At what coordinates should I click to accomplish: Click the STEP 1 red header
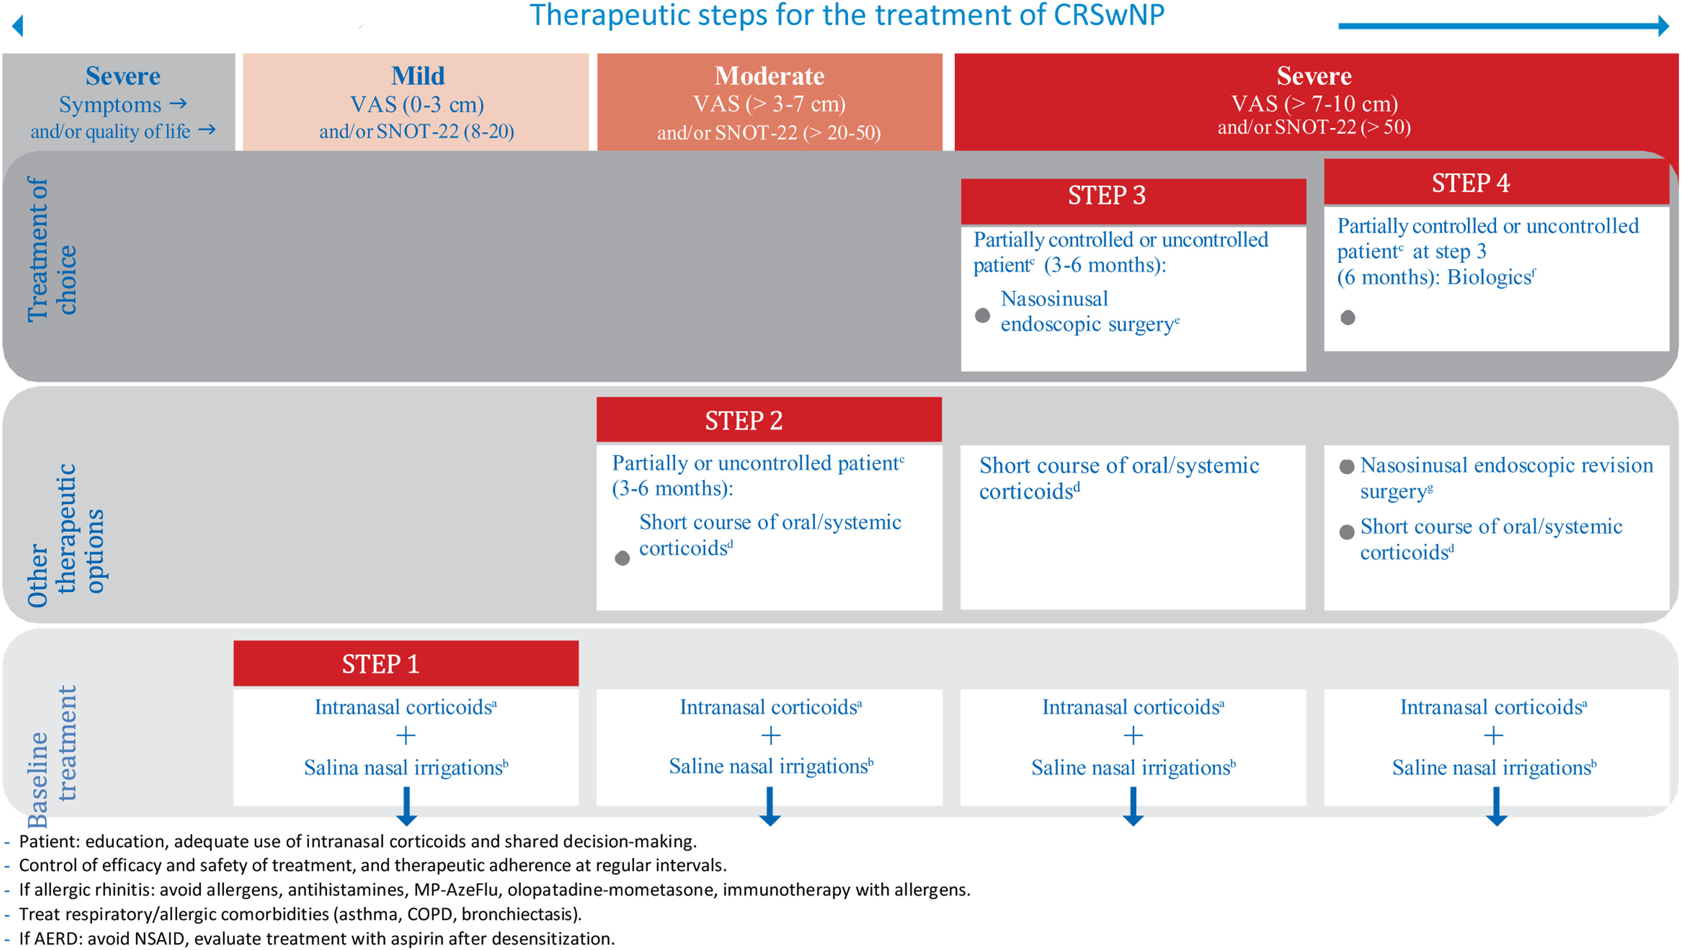(406, 664)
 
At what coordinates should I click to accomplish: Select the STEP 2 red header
(769, 420)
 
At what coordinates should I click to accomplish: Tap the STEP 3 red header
(1133, 195)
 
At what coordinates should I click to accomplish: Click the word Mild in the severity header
(418, 76)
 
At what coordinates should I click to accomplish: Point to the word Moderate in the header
(770, 76)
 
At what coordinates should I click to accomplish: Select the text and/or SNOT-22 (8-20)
(416, 131)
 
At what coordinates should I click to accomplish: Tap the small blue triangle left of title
(18, 26)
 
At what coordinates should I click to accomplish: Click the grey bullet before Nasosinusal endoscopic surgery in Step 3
(982, 316)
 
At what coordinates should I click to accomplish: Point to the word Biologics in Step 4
(1488, 277)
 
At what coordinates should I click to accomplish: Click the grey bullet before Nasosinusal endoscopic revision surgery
(1346, 467)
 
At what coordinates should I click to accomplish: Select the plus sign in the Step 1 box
(406, 736)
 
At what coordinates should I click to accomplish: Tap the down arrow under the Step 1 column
(406, 808)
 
